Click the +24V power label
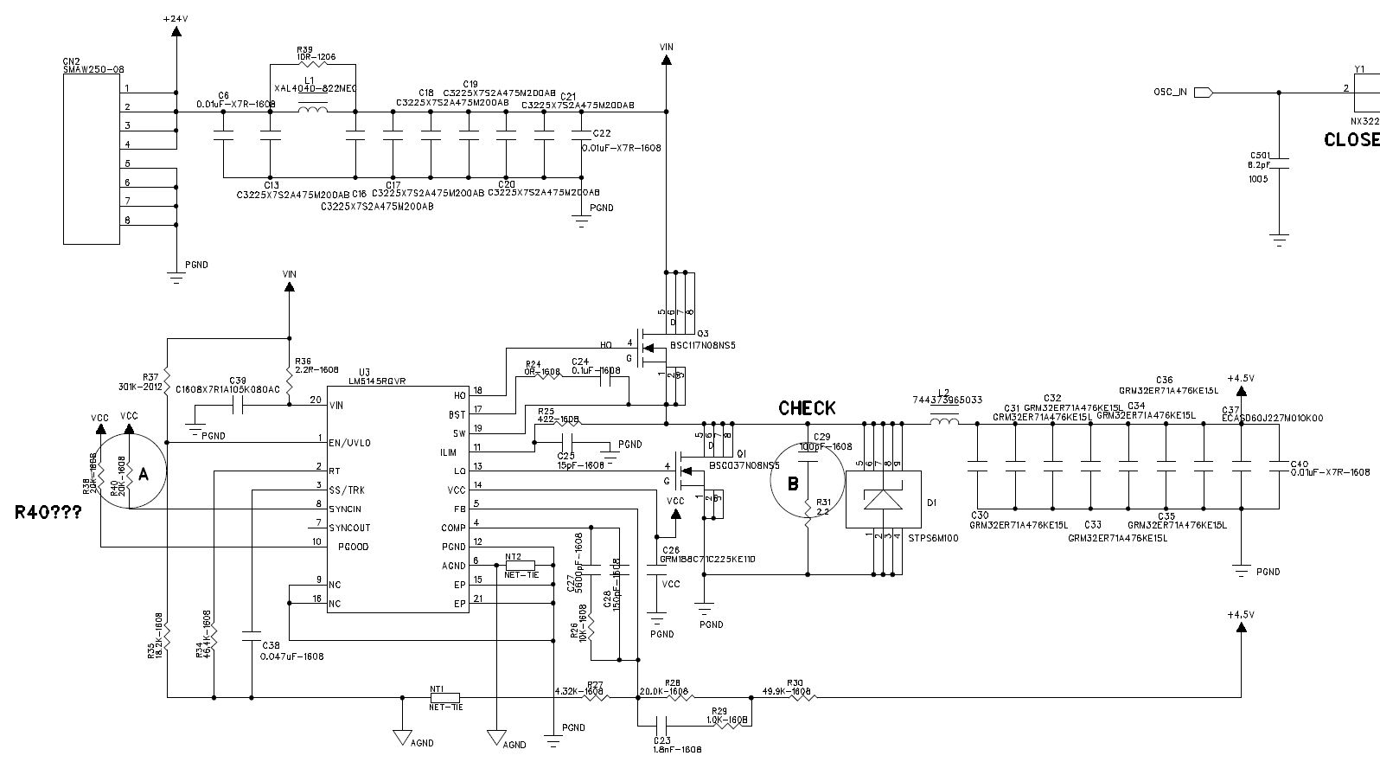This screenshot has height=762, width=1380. click(176, 18)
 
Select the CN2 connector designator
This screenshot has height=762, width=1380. click(71, 61)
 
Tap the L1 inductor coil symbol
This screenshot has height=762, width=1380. click(312, 110)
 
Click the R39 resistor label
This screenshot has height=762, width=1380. click(304, 50)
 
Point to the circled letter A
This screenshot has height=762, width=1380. click(144, 473)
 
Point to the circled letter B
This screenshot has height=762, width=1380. click(792, 484)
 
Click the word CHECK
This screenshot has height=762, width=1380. click(807, 408)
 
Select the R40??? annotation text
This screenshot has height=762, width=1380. click(48, 512)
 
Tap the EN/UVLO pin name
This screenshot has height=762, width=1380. click(349, 443)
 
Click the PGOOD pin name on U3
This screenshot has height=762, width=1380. click(352, 547)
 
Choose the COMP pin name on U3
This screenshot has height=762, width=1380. click(453, 528)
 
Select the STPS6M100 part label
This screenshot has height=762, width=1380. click(932, 537)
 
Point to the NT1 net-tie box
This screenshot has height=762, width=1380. click(444, 697)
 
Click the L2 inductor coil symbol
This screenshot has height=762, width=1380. click(944, 423)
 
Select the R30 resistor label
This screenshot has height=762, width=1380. click(795, 682)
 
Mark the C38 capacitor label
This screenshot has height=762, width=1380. click(271, 645)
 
